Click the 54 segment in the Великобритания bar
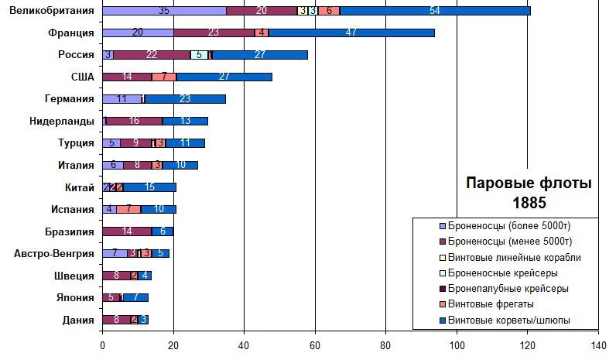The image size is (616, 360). pyautogui.click(x=435, y=11)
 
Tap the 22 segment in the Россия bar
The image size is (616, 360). pyautogui.click(x=152, y=55)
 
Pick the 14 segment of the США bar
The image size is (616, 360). pyautogui.click(x=127, y=77)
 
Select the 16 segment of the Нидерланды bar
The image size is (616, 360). pyautogui.click(x=134, y=121)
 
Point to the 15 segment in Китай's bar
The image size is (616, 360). pyautogui.click(x=149, y=187)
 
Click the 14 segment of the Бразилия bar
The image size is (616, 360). pyautogui.click(x=127, y=231)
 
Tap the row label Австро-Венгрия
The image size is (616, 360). pyautogui.click(x=54, y=253)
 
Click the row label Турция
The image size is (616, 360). pyautogui.click(x=76, y=143)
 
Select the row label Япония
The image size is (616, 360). pyautogui.click(x=76, y=297)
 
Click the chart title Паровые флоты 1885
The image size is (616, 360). pyautogui.click(x=529, y=194)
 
